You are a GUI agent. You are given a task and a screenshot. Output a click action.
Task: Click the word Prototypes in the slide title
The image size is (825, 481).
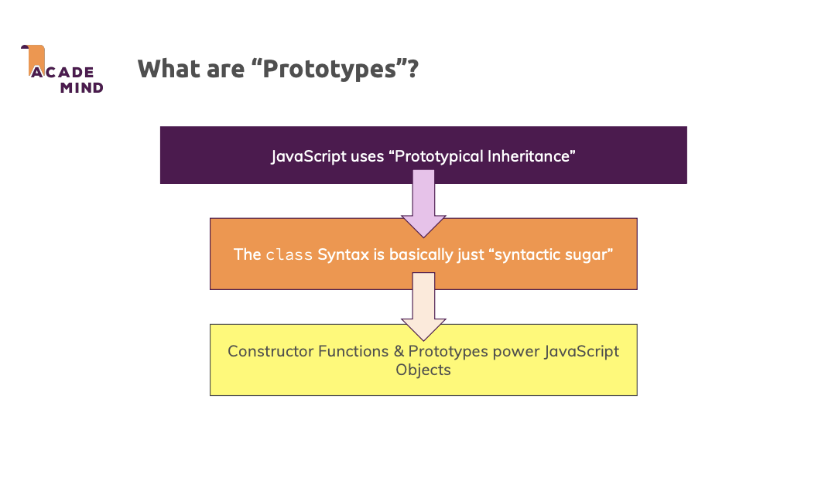coord(329,70)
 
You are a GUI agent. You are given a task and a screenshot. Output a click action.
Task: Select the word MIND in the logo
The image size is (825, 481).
coord(81,87)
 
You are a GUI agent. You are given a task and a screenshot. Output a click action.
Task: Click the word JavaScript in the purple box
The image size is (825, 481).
coord(306,156)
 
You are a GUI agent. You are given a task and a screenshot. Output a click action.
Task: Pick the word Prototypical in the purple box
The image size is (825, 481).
coord(438,156)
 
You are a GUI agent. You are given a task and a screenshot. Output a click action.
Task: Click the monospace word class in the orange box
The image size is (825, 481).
coord(289,254)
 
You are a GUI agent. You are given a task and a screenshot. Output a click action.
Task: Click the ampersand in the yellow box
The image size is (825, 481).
coord(399,351)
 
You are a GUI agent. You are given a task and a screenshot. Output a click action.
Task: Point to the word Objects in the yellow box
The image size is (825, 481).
coord(423,370)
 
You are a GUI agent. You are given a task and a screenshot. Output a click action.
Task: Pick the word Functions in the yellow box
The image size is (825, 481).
coord(353,351)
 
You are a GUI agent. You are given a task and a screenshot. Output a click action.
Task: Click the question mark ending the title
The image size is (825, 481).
coord(412,69)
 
